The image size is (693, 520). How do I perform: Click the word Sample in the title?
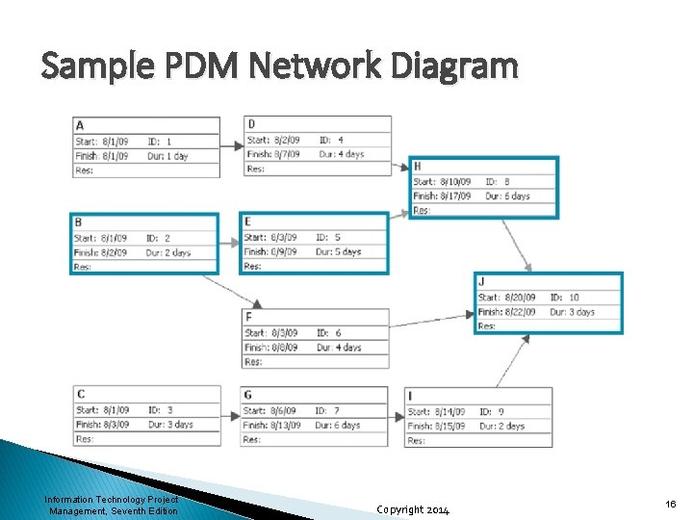pyautogui.click(x=90, y=66)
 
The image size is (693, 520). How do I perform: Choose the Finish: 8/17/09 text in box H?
pyautogui.click(x=442, y=195)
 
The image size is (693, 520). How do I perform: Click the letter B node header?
pyautogui.click(x=78, y=221)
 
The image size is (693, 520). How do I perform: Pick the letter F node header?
pyautogui.click(x=248, y=317)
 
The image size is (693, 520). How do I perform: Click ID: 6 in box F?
pyautogui.click(x=329, y=332)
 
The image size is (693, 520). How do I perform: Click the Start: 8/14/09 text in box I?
pyautogui.click(x=437, y=411)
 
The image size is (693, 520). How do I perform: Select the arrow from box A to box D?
pyautogui.click(x=232, y=146)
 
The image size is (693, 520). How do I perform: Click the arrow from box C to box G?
pyautogui.click(x=230, y=417)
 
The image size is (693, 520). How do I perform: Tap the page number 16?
pyautogui.click(x=670, y=504)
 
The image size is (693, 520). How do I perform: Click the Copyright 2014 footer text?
pyautogui.click(x=412, y=508)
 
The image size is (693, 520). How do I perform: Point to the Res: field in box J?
pyautogui.click(x=487, y=326)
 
